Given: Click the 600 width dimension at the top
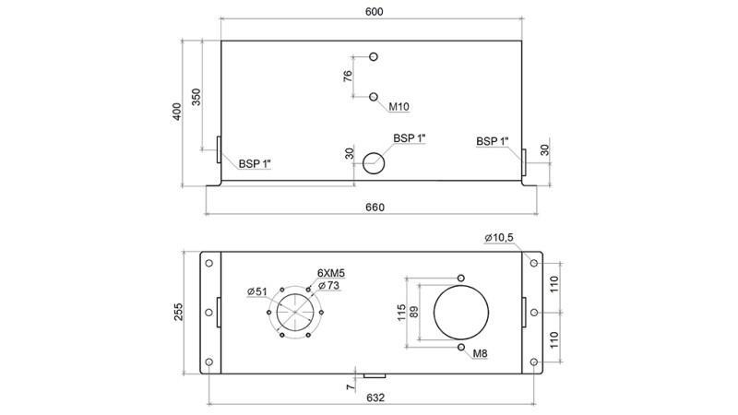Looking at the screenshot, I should (373, 12).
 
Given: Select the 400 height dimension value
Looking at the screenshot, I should (177, 112).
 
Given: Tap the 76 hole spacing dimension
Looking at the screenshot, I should (348, 77).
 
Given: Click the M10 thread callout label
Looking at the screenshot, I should (399, 107).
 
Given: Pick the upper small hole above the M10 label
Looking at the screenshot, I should (374, 57).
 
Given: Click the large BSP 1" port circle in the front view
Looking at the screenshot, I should (374, 162).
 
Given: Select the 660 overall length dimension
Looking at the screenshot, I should (374, 207).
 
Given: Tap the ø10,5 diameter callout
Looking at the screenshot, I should (499, 239).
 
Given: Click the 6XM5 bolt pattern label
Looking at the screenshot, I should (331, 274).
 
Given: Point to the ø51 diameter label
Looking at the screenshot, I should (257, 292).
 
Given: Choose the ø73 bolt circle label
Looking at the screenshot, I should (329, 287).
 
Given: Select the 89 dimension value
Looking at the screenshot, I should (414, 312).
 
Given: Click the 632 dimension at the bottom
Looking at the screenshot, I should (374, 397).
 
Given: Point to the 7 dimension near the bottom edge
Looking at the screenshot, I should (349, 387).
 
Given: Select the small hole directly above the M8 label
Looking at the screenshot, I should (460, 347).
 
